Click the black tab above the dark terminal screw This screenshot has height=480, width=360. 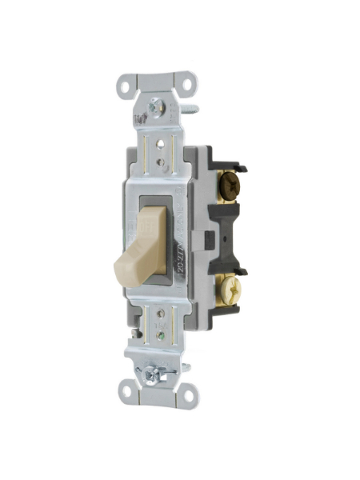(x=232, y=162)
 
